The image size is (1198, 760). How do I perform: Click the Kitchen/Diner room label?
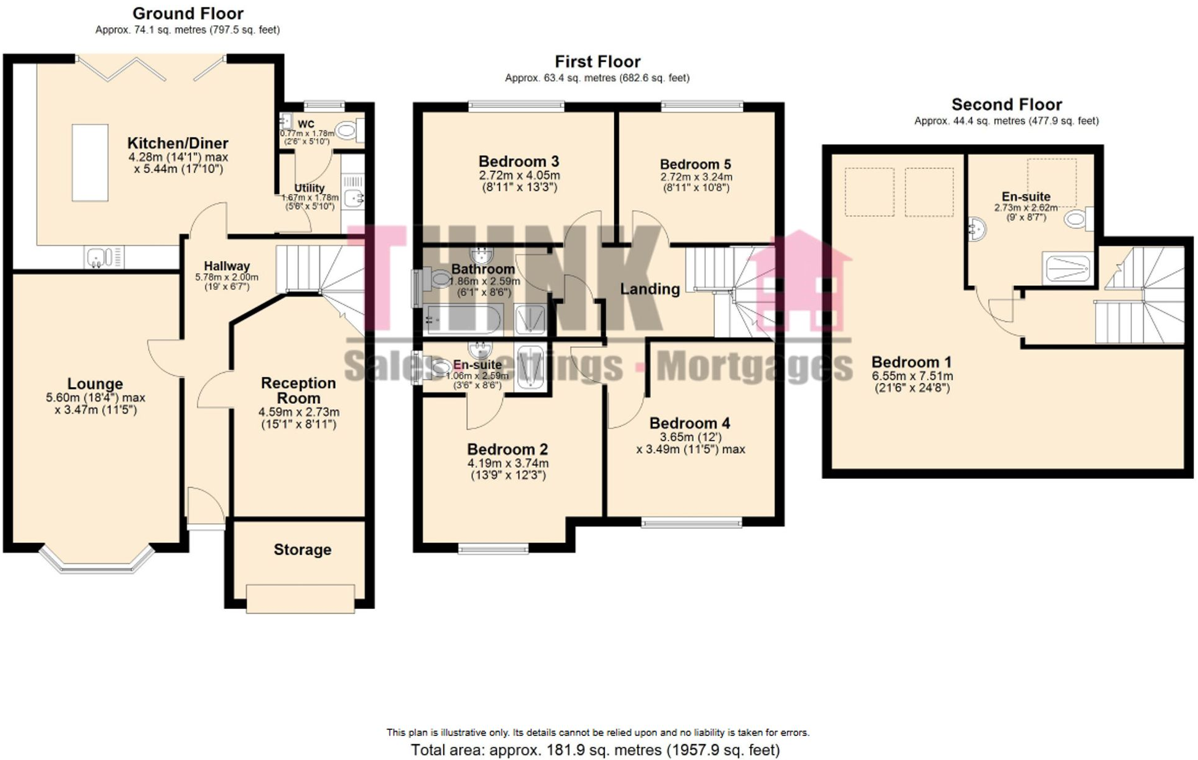178,144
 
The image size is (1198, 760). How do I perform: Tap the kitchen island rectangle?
90,163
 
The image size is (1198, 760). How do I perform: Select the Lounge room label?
95,384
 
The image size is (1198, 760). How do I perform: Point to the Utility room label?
309,188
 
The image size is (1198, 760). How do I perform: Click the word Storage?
302,549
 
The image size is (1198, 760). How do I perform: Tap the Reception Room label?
299,390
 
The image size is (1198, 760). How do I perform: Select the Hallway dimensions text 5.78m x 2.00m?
227,277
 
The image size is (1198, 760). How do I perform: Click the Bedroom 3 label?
519,161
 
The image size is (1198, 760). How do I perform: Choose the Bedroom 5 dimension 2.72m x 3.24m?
696,177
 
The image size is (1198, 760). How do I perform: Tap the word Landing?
650,289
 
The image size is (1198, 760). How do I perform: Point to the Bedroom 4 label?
690,423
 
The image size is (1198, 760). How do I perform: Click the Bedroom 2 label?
507,449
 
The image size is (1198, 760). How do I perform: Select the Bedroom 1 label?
911,362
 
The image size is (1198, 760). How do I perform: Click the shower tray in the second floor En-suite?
1067,268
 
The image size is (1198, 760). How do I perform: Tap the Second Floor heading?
1006,105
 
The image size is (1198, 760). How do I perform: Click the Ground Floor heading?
188,14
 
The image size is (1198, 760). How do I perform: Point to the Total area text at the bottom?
595,750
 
